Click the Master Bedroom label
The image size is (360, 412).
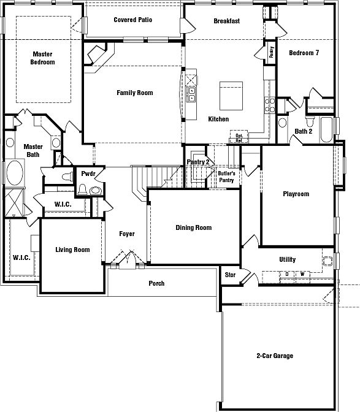43,58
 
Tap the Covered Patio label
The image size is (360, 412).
133,20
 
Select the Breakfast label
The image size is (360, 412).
226,21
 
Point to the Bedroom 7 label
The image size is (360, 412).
304,53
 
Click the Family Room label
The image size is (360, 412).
135,93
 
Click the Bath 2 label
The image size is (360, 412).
304,131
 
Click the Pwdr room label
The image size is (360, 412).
88,174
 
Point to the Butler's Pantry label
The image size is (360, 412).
227,177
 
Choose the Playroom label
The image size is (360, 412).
296,194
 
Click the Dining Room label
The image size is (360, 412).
194,228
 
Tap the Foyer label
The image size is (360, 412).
127,234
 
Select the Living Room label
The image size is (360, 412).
72,250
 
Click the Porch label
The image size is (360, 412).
156,283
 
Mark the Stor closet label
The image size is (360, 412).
231,275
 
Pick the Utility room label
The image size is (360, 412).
288,260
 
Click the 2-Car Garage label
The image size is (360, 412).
275,356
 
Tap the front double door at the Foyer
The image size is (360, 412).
127,262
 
